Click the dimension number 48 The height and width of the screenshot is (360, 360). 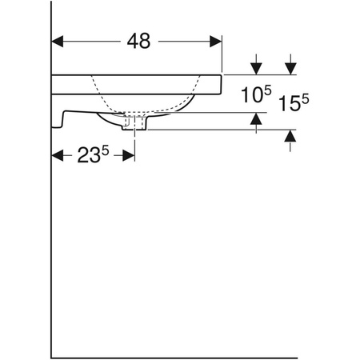(138, 42)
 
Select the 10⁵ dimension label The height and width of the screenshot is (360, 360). (254, 96)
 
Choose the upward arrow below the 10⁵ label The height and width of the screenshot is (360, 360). (255, 120)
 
